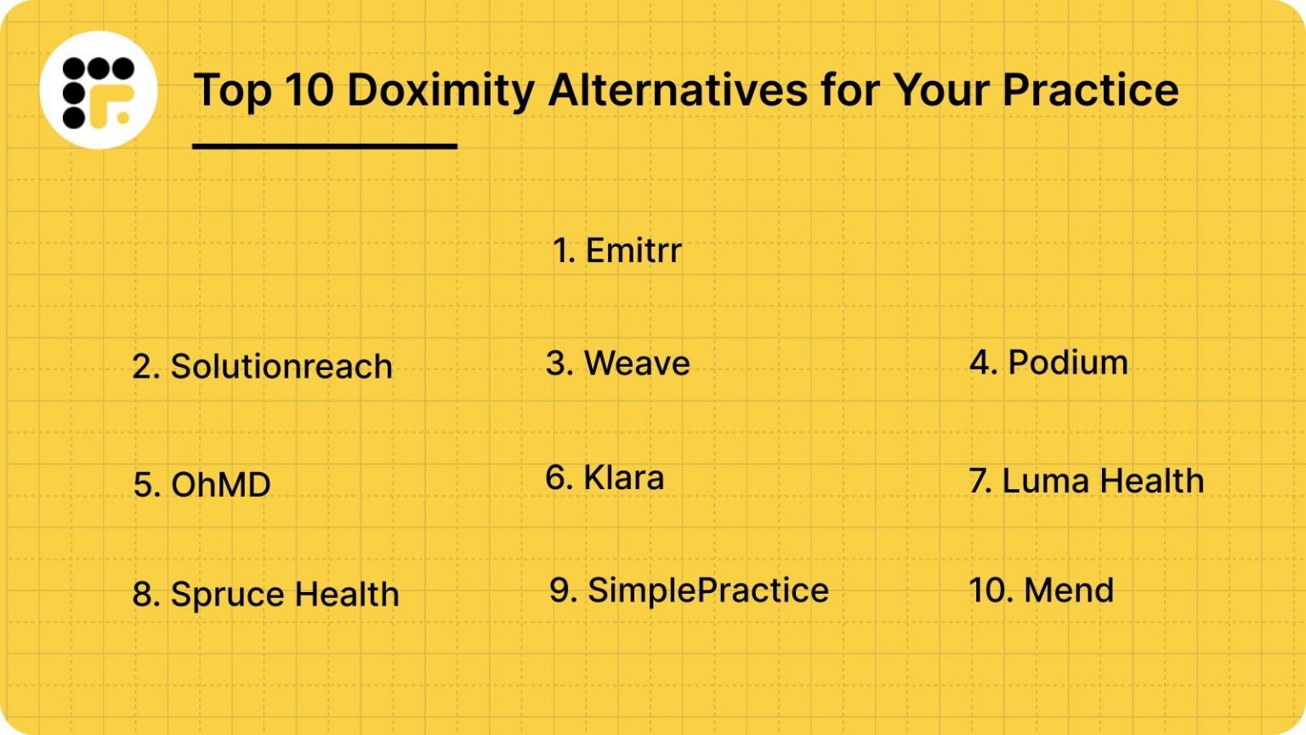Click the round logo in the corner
99,90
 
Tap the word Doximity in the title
440,90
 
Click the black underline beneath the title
325,146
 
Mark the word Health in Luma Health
1152,481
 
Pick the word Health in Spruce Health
347,594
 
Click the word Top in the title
233,91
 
